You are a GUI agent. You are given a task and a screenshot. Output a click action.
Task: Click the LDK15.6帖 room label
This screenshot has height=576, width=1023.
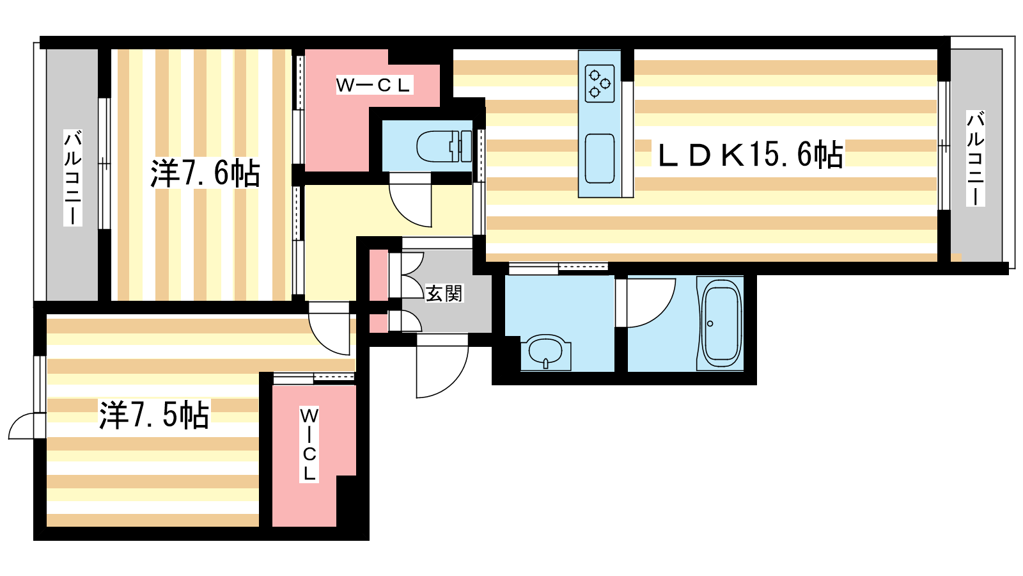751,154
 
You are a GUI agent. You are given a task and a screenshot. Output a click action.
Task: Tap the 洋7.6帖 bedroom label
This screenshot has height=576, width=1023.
205,173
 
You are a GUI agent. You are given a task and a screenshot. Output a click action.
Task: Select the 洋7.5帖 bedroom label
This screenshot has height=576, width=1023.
154,415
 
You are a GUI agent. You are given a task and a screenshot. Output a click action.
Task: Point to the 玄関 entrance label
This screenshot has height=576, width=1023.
444,293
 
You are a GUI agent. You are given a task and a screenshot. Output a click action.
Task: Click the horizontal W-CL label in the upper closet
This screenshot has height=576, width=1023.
374,85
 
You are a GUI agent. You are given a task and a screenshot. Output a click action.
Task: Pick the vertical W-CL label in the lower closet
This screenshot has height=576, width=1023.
309,444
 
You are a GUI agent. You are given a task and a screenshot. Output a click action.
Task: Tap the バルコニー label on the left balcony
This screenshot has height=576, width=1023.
73,178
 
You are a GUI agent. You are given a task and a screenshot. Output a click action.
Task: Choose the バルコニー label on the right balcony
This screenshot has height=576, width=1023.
975,158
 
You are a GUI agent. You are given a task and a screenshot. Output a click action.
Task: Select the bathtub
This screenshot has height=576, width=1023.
720,324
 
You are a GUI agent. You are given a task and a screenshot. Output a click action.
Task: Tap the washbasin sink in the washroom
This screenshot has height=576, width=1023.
546,352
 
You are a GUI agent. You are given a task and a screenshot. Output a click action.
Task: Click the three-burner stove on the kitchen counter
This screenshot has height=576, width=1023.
600,83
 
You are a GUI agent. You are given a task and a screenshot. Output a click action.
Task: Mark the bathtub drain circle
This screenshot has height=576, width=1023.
710,324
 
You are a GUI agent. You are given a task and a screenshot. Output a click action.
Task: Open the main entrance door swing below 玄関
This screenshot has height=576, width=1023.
442,365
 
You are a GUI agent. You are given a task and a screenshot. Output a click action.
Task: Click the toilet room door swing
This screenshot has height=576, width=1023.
410,200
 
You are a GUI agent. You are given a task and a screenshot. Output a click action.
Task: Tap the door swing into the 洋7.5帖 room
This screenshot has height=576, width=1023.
329,328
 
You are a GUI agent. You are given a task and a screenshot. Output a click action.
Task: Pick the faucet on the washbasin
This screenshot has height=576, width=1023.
546,364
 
